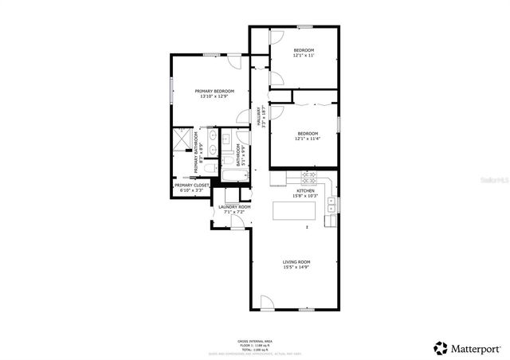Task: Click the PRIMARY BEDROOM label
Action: tap(215, 92)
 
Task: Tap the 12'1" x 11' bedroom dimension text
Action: tap(304, 56)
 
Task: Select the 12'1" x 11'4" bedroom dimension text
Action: tap(308, 139)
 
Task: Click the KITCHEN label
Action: tap(306, 191)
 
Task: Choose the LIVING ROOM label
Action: tap(296, 261)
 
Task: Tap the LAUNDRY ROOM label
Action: tap(234, 207)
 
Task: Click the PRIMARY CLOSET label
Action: tap(191, 186)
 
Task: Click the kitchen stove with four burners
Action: tap(308, 175)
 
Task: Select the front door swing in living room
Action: tap(267, 303)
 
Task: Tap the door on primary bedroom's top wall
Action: tap(233, 61)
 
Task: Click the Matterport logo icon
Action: tap(440, 347)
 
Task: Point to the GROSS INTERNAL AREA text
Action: tap(254, 339)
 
